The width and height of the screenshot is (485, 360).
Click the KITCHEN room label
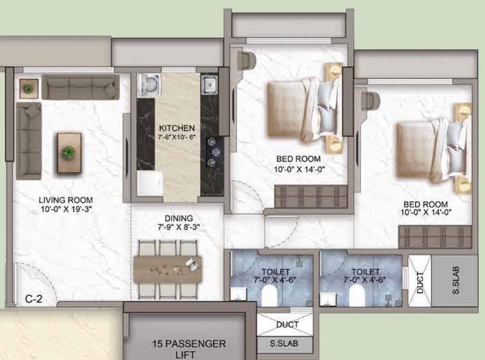pyautogui.click(x=177, y=128)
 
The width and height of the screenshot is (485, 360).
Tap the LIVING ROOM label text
pyautogui.click(x=65, y=200)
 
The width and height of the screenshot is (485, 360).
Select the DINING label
pyautogui.click(x=178, y=218)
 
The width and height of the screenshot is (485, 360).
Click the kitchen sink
pyautogui.click(x=210, y=84)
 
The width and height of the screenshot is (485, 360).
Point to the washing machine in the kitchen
pyautogui.click(x=150, y=84)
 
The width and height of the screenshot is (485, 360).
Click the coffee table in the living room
pyautogui.click(x=69, y=153)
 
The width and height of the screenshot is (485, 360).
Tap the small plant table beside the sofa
pyautogui.click(x=29, y=89)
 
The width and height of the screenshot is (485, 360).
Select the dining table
pyautogui.click(x=168, y=269)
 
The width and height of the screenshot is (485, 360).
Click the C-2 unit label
pyautogui.click(x=34, y=299)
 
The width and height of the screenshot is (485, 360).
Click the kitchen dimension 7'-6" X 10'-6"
pyautogui.click(x=177, y=136)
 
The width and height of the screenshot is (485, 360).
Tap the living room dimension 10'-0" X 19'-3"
pyautogui.click(x=66, y=209)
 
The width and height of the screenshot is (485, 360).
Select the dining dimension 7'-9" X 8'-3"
pyautogui.click(x=178, y=227)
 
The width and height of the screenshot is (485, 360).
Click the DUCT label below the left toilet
pyautogui.click(x=287, y=325)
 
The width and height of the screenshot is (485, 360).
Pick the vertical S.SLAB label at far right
pyautogui.click(x=455, y=280)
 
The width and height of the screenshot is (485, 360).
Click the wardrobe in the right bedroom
pyautogui.click(x=435, y=237)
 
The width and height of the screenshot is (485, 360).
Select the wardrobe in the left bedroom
pyautogui.click(x=311, y=196)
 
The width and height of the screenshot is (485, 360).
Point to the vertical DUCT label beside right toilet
pyautogui.click(x=420, y=282)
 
